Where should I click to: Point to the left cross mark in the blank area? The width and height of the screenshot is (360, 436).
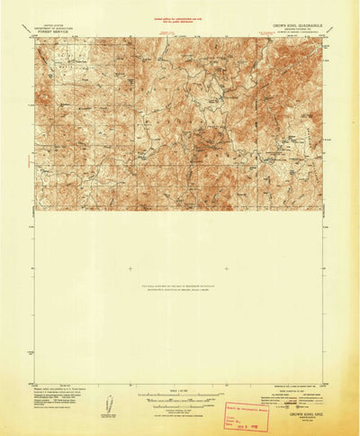click(130, 268)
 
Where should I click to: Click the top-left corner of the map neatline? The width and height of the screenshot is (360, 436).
click(36, 38)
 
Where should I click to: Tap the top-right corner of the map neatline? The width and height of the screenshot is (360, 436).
click(322, 38)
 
